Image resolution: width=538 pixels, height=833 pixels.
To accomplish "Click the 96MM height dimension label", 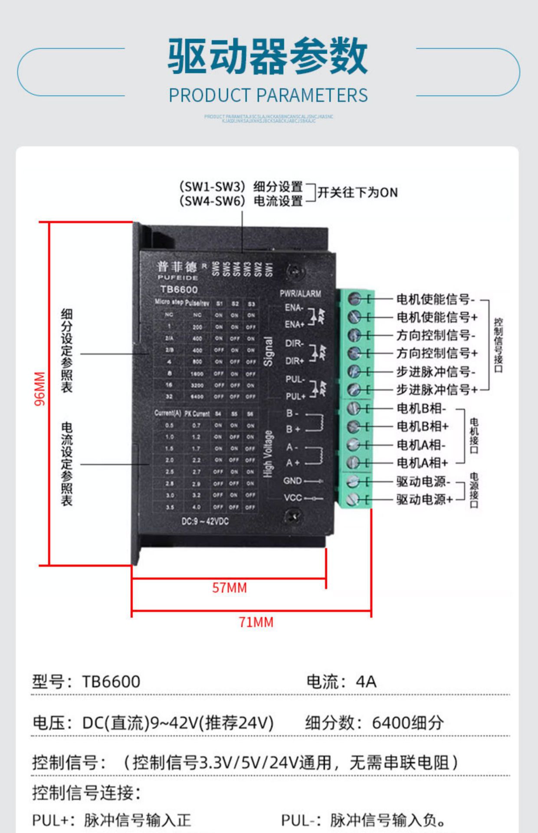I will coord(39,389).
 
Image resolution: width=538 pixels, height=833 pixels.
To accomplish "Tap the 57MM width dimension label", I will coord(229,588).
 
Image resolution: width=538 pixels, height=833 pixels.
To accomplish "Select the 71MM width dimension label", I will coord(256,622).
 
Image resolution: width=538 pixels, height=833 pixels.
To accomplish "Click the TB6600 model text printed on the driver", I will coord(179,289).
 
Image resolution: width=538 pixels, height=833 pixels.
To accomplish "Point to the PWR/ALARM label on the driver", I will coord(300,294).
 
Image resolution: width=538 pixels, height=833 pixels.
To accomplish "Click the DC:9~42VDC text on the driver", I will coord(205,521).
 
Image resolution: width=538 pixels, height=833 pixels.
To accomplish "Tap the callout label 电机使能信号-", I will coord(435,299).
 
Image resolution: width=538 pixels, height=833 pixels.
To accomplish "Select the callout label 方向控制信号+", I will coord(436,353).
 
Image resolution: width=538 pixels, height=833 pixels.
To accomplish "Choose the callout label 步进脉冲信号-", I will coord(435,372).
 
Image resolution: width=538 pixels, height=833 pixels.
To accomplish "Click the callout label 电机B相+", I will coord(422,426).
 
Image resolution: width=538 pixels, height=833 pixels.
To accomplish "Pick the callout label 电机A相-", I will coord(421,445).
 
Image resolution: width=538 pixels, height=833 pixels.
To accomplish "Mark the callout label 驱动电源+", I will coord(424,499).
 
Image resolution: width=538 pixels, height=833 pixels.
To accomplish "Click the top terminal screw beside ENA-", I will coord(354,298).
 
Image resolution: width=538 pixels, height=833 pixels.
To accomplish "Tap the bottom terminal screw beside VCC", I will coord(354,499).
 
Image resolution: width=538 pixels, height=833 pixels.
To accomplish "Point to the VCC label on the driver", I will coord(292,498).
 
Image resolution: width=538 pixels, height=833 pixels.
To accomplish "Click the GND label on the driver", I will coord(292,481).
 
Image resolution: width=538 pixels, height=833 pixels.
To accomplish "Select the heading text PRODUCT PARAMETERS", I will coord(268,95).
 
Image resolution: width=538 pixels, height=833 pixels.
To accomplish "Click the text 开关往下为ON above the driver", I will coord(358,193).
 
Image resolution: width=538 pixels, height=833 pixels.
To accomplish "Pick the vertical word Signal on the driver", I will coord(269,351).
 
